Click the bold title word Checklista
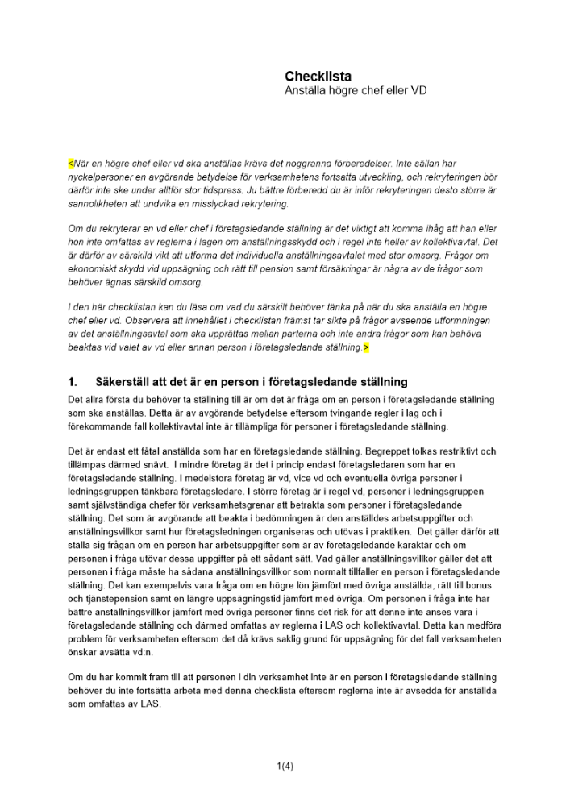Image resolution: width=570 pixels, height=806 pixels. tap(318, 77)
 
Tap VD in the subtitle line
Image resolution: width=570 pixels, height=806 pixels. tap(416, 91)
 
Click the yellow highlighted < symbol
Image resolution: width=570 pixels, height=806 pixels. tap(71, 163)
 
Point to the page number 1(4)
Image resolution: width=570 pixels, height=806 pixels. tap(285, 766)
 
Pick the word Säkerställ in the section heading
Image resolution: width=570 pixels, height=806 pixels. tap(123, 381)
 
